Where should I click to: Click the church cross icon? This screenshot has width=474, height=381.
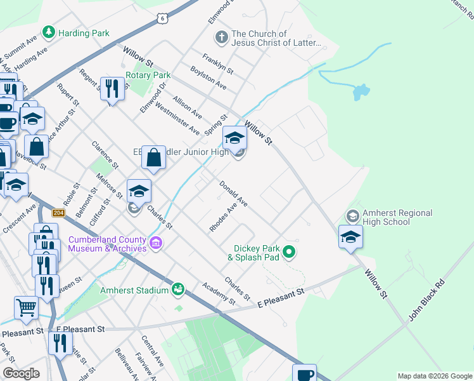221,37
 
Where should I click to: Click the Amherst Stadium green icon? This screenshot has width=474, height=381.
178,290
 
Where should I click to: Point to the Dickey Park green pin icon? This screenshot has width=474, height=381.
289,253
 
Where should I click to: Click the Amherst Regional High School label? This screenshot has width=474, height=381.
397,218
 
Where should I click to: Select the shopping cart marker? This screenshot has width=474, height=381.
26,308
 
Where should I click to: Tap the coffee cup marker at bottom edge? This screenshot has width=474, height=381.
304,373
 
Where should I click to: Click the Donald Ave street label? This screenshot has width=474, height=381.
233,194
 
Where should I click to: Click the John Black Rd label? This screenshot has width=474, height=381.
423,303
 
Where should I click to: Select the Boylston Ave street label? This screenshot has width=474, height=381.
208,76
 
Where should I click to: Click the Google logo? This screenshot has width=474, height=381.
21,373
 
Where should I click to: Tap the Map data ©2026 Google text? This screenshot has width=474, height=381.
435,376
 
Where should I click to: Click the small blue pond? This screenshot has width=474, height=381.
361,93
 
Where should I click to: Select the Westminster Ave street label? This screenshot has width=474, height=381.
177,119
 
